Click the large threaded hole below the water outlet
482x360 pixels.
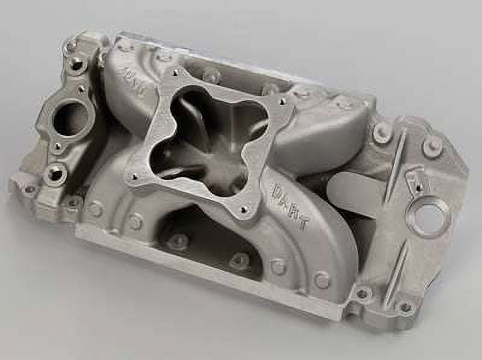pyautogui.click(x=55, y=173)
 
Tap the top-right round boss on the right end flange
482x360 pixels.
pyautogui.click(x=431, y=145)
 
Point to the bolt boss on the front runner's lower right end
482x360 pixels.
pyautogui.click(x=321, y=280)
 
